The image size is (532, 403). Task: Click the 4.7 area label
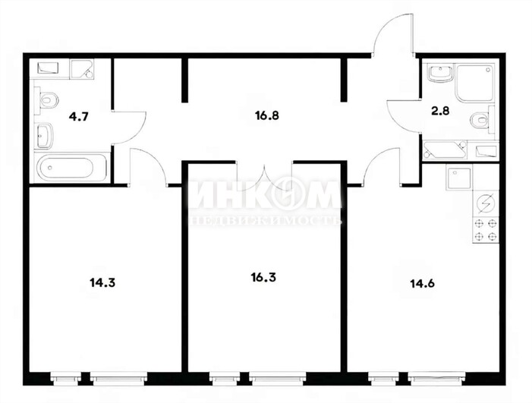point(78,117)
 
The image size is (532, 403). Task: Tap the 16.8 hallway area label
point(267,115)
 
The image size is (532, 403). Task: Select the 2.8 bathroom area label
point(440,111)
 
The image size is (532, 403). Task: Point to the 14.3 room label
point(102,282)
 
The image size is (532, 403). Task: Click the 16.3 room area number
point(263,278)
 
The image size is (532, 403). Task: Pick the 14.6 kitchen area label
point(423,283)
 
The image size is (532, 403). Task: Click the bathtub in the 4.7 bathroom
point(72,167)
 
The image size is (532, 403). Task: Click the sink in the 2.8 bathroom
point(440,74)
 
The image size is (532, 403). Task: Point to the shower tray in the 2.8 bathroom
point(474,83)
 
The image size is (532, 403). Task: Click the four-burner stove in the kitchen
point(486,230)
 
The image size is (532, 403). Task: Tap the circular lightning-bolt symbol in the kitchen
point(486,203)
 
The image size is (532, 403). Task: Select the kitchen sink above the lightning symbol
point(460,179)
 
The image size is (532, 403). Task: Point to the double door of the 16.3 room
point(265,174)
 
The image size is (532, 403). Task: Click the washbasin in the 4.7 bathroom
point(45,135)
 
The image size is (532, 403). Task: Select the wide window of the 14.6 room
point(436,378)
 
